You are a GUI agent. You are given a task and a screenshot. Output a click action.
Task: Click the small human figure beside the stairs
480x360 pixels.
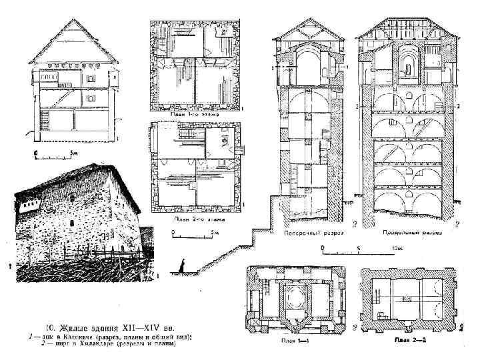(x=181, y=265)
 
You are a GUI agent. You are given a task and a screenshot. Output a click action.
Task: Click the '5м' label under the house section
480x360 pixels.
(x=65, y=153)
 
